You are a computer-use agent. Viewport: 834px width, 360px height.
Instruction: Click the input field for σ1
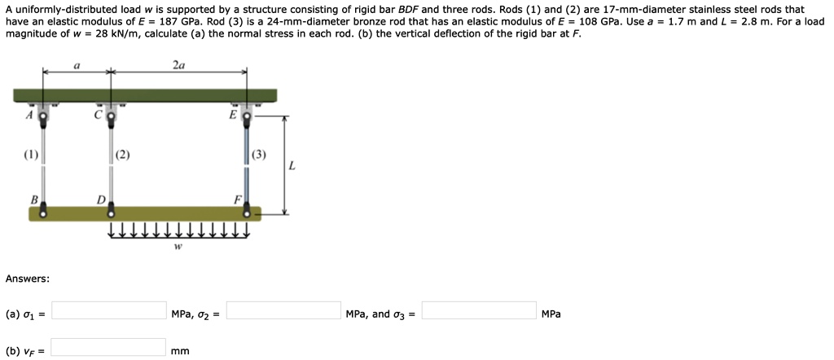click(109, 310)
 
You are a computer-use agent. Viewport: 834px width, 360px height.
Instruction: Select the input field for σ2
click(283, 310)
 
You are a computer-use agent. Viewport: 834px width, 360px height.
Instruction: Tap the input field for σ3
click(479, 310)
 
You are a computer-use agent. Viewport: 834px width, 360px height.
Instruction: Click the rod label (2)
click(122, 155)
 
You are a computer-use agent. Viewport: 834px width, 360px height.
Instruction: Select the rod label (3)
click(259, 155)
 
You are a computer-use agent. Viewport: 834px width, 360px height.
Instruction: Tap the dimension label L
click(292, 167)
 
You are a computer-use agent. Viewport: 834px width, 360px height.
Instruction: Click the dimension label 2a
click(178, 64)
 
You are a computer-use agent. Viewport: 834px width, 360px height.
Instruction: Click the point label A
click(29, 116)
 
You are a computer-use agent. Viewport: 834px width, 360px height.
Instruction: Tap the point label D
click(101, 199)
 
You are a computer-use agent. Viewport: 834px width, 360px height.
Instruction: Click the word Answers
click(27, 279)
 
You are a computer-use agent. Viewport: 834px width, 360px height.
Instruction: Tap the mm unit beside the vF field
click(180, 351)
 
